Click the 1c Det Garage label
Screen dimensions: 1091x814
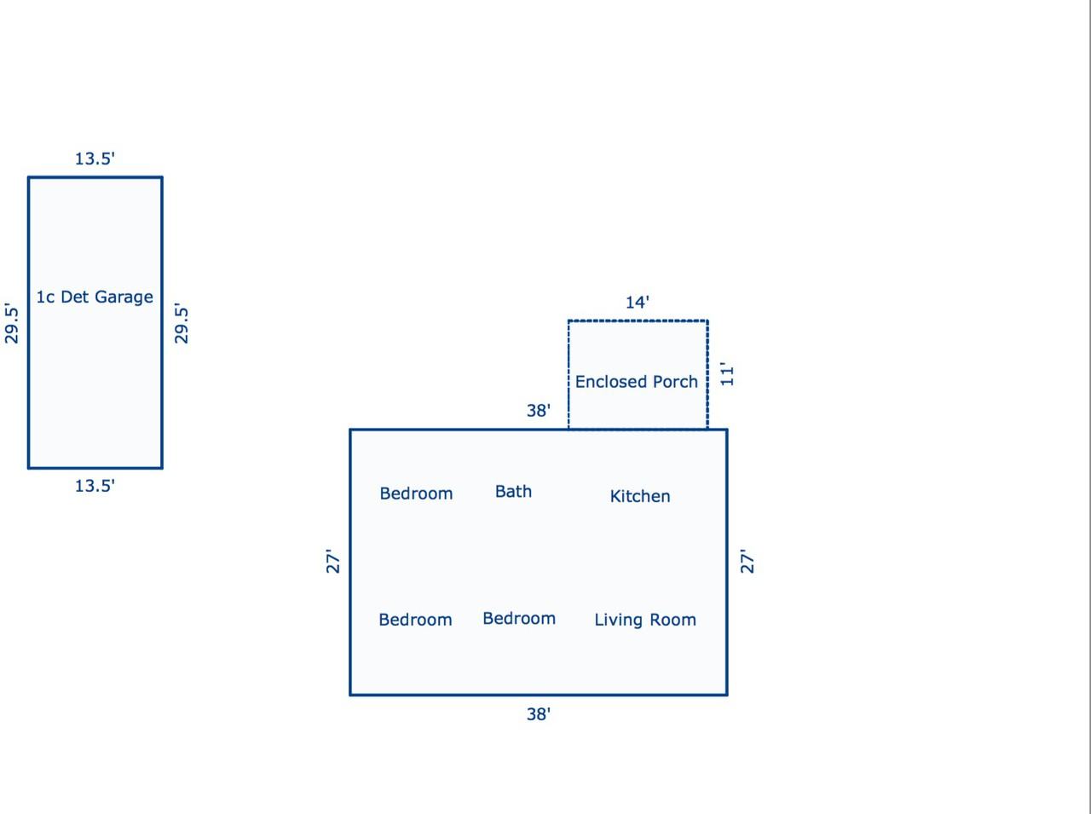[x=95, y=297]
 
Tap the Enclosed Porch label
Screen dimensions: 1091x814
[x=636, y=382]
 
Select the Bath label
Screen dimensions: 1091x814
[x=513, y=492]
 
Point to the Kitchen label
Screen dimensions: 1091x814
[x=640, y=496]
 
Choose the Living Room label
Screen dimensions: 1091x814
[x=645, y=620]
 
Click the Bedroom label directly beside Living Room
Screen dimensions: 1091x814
[x=519, y=618]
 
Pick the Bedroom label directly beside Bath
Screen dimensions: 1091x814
[x=417, y=494]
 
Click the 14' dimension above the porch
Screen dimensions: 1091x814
[x=638, y=302]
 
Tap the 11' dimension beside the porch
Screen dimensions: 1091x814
[x=727, y=374]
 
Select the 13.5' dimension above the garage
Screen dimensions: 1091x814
[x=95, y=159]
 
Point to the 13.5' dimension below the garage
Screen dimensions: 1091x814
[x=95, y=486]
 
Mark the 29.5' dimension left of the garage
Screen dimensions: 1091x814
[x=11, y=323]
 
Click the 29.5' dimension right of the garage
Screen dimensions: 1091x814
[x=181, y=323]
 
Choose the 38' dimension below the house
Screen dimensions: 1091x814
[x=539, y=714]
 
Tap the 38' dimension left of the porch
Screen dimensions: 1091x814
[x=539, y=411]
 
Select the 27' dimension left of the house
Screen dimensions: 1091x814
[x=332, y=562]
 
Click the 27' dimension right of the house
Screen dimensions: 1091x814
[x=747, y=562]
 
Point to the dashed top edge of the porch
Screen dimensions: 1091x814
[x=638, y=321]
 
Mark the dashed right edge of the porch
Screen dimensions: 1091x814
[x=707, y=375]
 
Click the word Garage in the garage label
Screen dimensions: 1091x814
[x=124, y=297]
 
